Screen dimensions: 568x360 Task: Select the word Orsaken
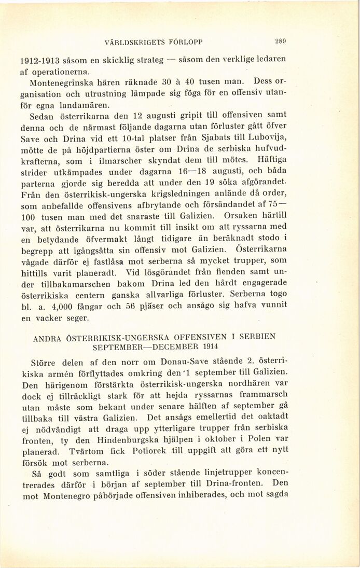tap(233, 214)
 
